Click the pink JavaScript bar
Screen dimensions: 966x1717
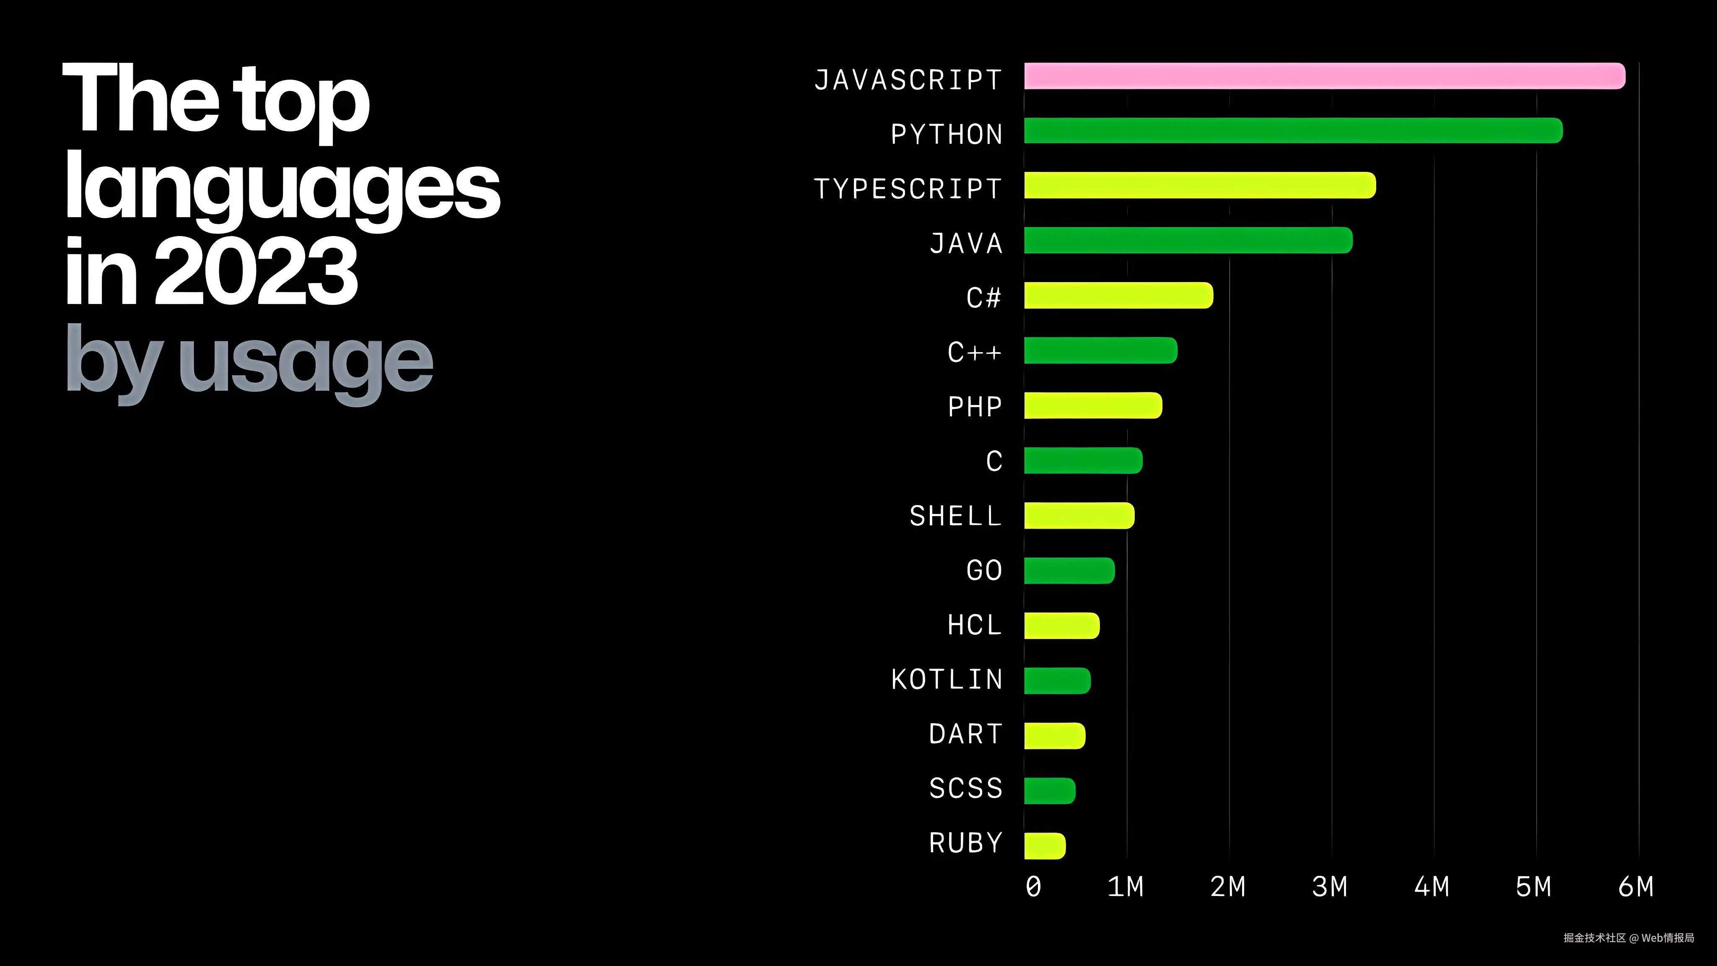coord(1324,76)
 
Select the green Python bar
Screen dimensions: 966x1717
coord(1293,131)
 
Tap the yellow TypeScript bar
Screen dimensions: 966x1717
coord(1200,185)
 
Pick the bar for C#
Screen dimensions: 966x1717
coord(1118,295)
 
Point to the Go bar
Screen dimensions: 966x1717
coord(1069,571)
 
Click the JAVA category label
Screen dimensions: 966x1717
coord(966,243)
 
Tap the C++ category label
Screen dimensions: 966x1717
coord(975,352)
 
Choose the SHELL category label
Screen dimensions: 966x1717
coord(956,516)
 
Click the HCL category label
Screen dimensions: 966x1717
coord(975,625)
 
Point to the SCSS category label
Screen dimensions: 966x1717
coord(966,789)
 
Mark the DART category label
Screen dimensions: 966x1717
coord(966,734)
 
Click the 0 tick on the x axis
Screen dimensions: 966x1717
coord(1033,887)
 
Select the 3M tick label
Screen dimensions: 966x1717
coord(1330,887)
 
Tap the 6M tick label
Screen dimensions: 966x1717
coord(1636,887)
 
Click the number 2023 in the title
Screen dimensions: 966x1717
coord(256,272)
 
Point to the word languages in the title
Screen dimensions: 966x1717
coord(282,187)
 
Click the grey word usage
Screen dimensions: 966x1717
coord(305,364)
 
